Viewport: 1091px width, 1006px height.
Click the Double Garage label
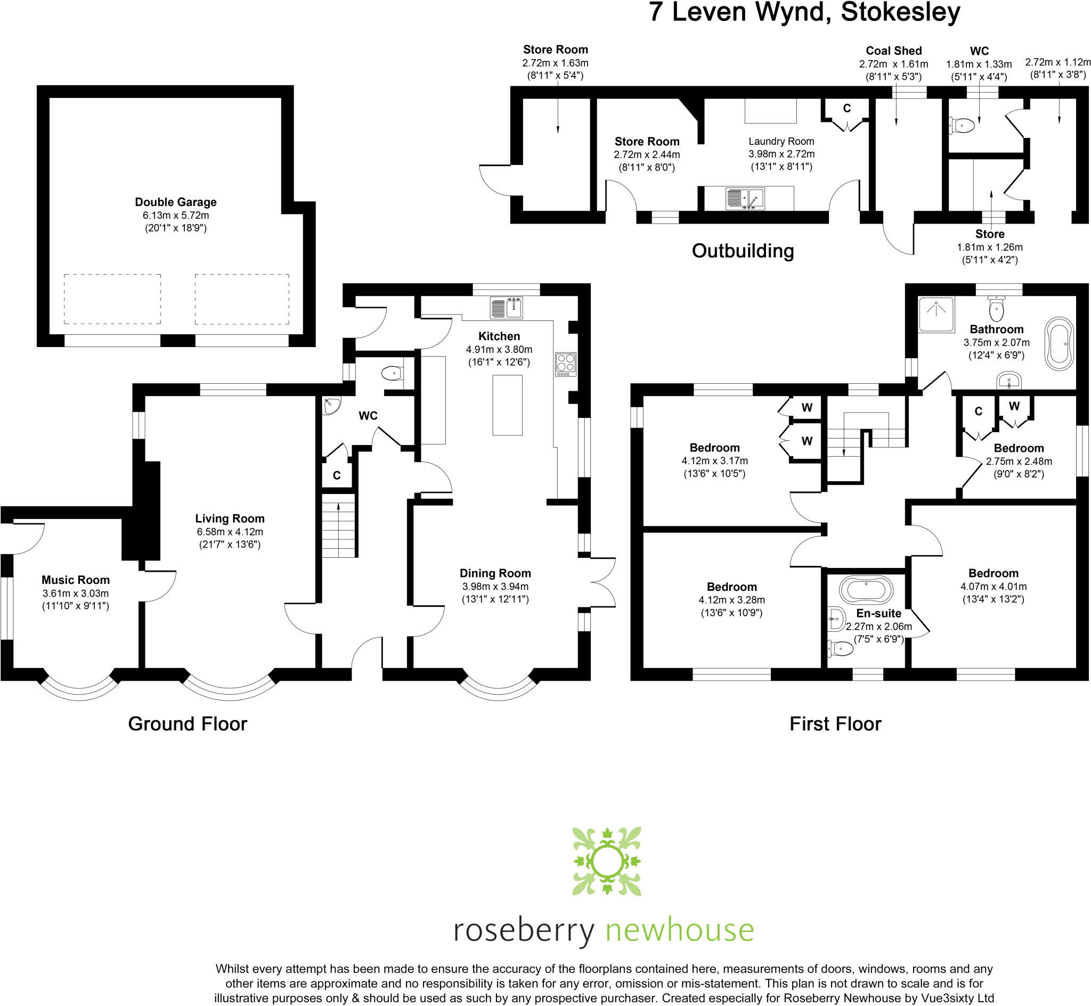coord(175,202)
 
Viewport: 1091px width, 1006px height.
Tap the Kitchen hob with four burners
coord(565,364)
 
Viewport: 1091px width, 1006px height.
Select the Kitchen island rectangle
coord(507,405)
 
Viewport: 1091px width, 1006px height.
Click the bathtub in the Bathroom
coord(1059,344)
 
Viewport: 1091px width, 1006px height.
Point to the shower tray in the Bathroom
coord(937,314)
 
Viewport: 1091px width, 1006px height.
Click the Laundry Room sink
coord(745,199)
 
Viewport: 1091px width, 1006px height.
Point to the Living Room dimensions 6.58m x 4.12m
coord(229,532)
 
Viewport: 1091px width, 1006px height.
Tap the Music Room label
coord(76,580)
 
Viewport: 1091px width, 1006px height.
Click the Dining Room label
coord(495,573)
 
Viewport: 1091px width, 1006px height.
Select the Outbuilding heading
coord(743,251)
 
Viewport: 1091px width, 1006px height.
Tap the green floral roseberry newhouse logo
coord(606,861)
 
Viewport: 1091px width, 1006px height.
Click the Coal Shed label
coord(893,51)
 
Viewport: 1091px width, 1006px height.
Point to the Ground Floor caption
coord(188,723)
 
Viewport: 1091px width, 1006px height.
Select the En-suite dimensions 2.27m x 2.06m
coord(878,626)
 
